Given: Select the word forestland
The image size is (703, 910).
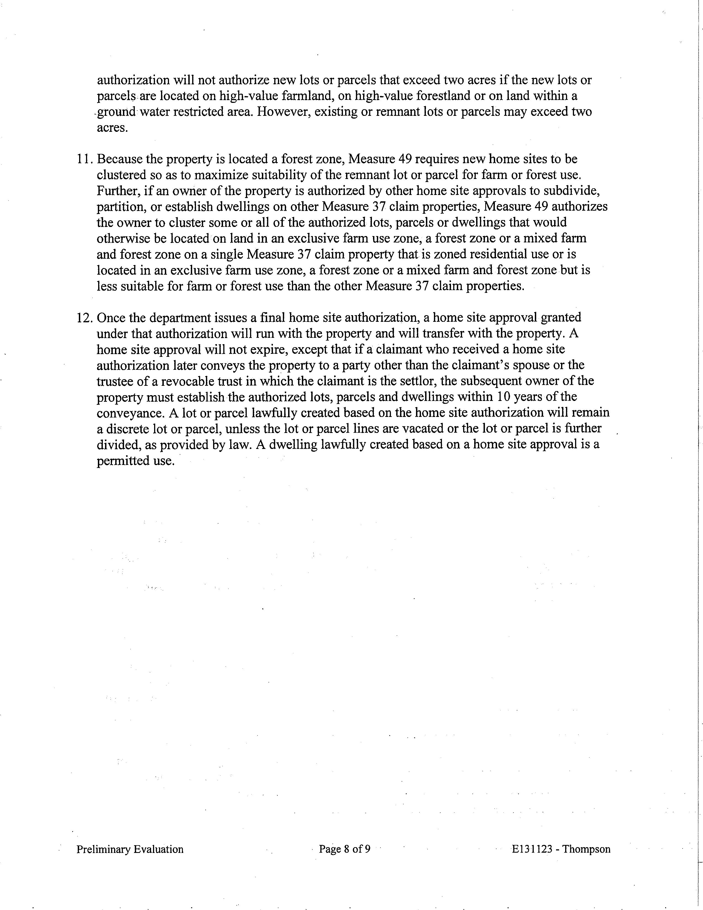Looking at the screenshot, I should click(465, 96).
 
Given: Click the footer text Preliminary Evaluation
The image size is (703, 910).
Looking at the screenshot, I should click(130, 849).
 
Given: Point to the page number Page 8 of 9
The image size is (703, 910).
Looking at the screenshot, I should click(344, 849).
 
